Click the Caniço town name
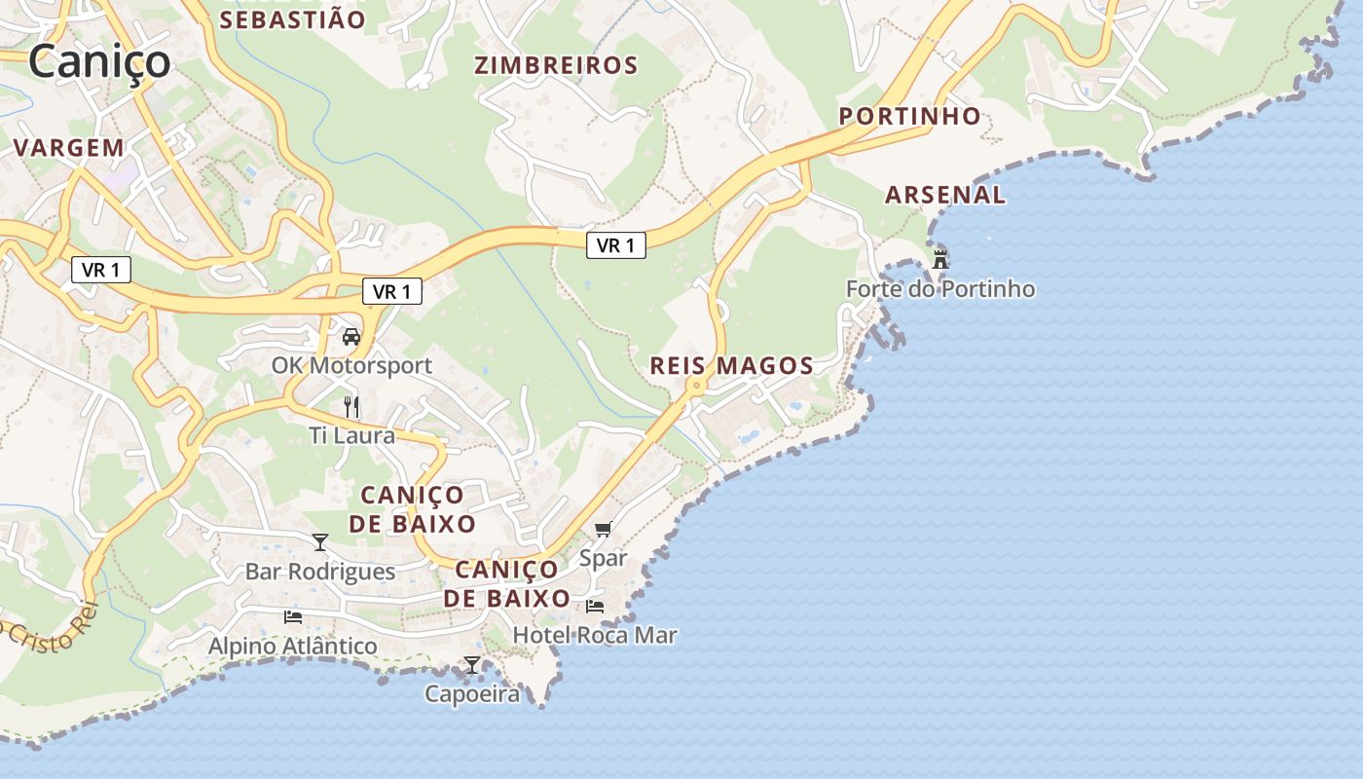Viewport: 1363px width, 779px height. [99, 61]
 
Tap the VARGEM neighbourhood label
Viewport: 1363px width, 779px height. [68, 148]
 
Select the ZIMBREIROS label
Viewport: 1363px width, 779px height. [556, 65]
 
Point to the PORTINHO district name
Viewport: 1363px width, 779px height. [910, 116]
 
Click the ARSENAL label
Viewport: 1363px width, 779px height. [944, 195]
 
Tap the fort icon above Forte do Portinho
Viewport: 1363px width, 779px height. [940, 260]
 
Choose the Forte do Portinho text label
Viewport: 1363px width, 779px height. [940, 289]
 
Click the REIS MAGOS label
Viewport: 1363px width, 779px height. [731, 366]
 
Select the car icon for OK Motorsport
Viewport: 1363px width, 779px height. [351, 337]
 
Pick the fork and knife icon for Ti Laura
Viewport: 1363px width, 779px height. [351, 406]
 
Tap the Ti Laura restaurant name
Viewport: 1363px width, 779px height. [352, 435]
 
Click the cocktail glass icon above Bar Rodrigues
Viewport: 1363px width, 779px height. [320, 542]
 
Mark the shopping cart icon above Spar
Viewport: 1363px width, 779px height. [604, 530]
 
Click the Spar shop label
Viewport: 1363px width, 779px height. [604, 558]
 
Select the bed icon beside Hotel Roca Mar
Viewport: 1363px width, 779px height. [595, 607]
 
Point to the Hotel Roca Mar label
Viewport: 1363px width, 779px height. [595, 636]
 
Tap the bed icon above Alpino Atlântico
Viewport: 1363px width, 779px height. [292, 617]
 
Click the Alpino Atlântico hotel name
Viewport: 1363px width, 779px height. [292, 646]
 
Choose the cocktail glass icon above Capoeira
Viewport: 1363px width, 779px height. [472, 665]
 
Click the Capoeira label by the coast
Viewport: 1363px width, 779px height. [472, 694]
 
